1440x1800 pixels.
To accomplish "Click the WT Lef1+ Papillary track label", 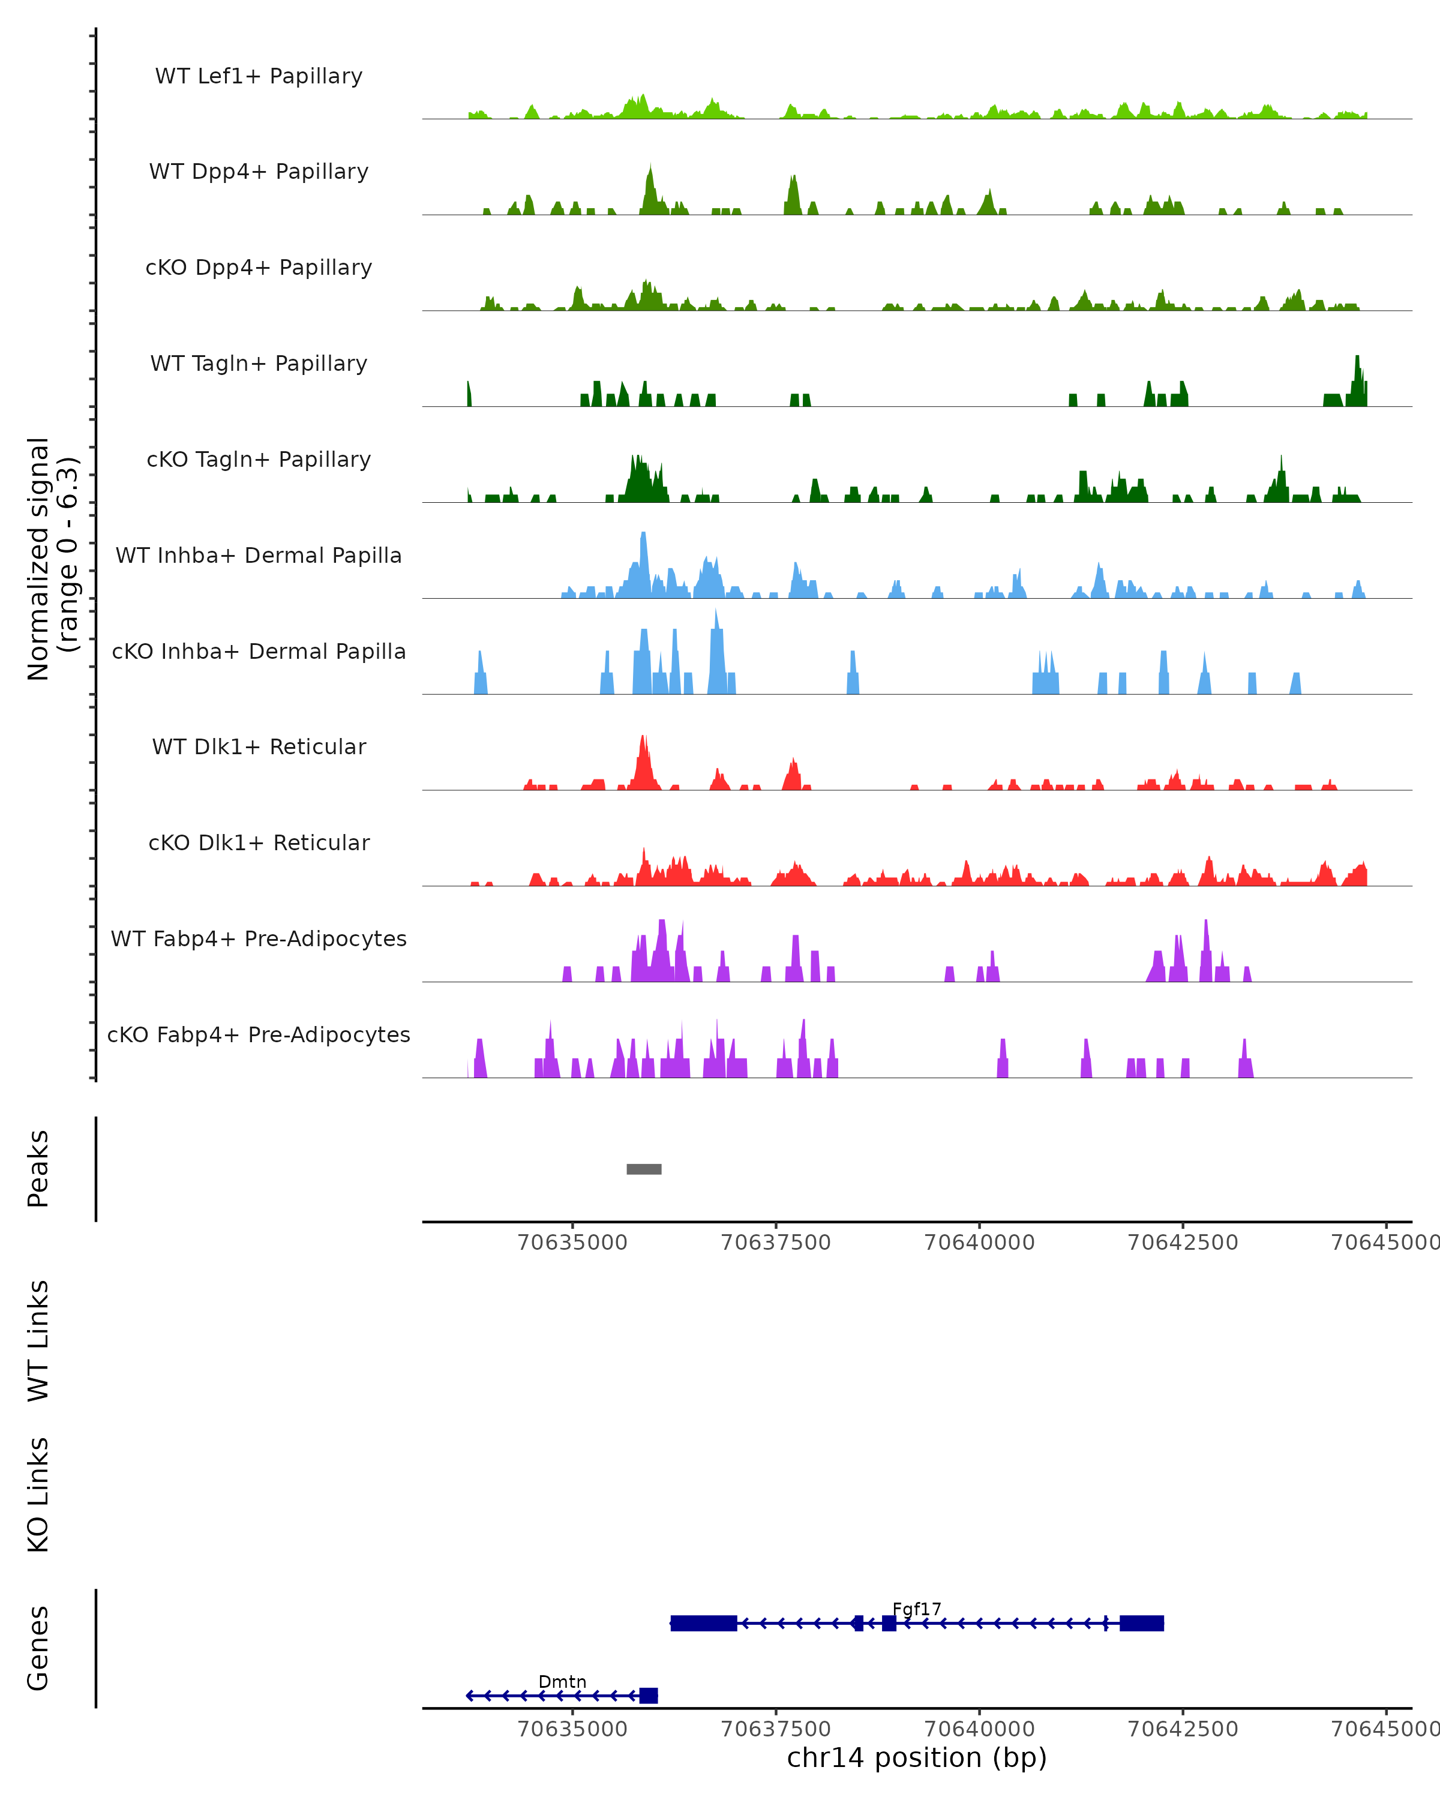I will [x=259, y=76].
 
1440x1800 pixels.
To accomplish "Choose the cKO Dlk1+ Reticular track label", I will [x=259, y=842].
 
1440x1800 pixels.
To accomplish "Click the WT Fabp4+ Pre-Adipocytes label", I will [x=259, y=938].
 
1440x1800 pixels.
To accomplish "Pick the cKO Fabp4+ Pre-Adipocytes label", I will [x=259, y=1034].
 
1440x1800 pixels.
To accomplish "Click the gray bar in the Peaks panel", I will [x=644, y=1169].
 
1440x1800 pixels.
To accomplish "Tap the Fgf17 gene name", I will [x=917, y=1609].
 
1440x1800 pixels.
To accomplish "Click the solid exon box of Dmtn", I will [x=649, y=1696].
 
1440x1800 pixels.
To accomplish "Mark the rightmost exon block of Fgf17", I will [x=1141, y=1623].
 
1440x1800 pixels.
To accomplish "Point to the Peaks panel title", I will [x=38, y=1169].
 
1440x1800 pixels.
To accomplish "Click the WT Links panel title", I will [x=38, y=1340].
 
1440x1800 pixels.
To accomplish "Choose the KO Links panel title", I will [x=38, y=1495].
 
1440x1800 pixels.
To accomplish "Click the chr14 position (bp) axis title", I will [x=917, y=1757].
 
